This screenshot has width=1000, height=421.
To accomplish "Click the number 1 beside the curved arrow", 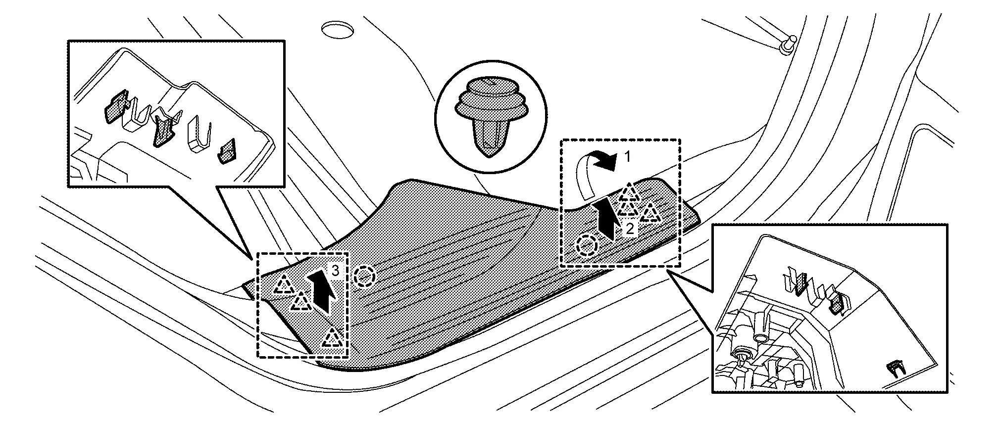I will pos(627,157).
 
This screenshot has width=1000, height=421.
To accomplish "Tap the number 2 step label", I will pos(630,229).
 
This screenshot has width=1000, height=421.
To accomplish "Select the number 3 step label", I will pos(335,271).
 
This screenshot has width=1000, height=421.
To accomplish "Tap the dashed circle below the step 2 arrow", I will pos(587,245).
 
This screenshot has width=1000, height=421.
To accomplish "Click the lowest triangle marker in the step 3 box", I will pos(333,338).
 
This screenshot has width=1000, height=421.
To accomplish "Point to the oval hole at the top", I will pos(337,29).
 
